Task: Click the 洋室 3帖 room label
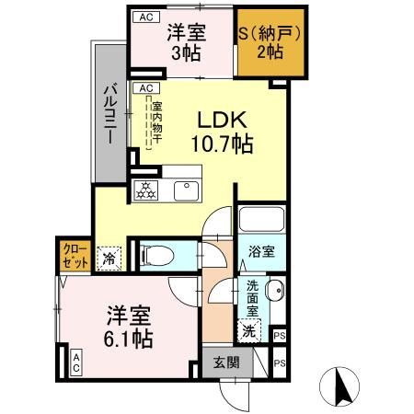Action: coord(180,41)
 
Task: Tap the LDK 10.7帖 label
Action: coord(221,132)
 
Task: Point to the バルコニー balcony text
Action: coord(109,114)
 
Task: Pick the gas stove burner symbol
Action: coord(146,191)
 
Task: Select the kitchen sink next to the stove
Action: coord(186,190)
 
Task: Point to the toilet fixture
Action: coord(157,252)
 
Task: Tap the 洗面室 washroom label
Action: coord(250,299)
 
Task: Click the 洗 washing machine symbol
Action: coord(247,329)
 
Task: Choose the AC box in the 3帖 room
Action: coord(143,17)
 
